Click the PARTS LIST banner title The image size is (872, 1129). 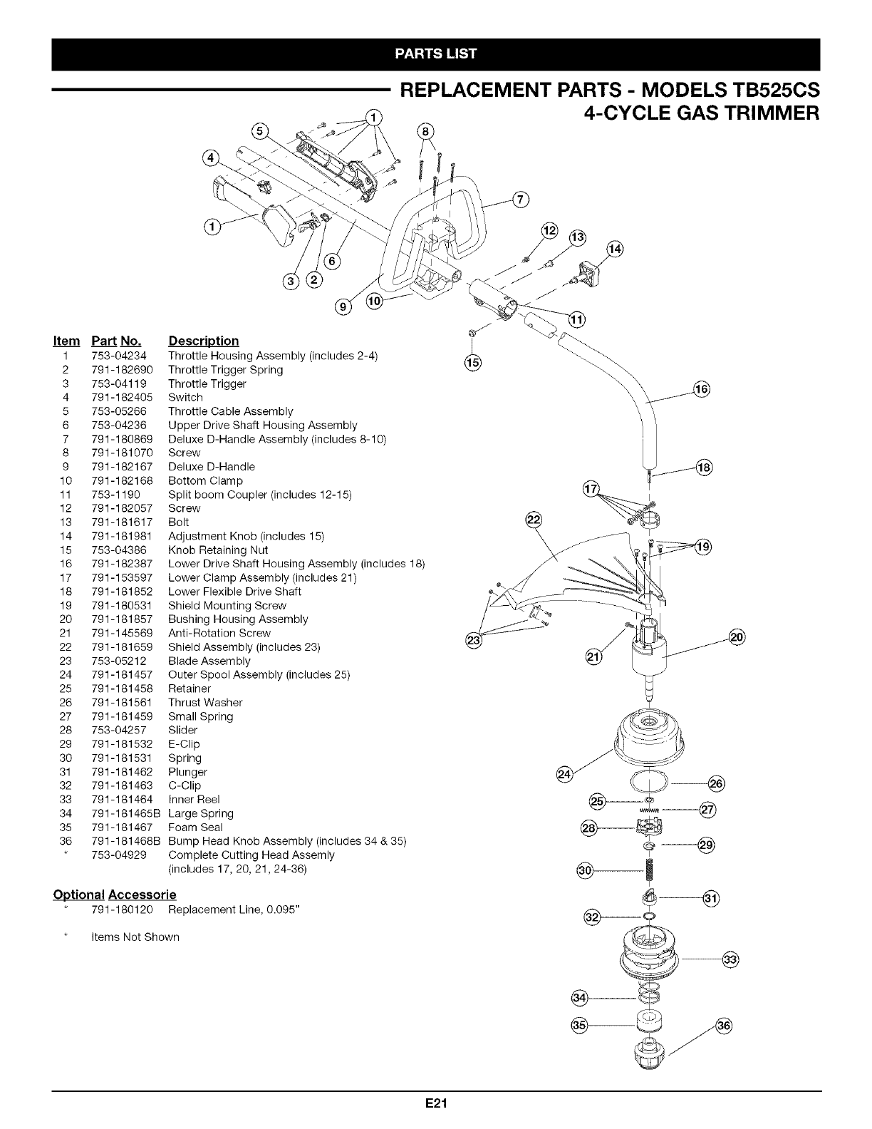point(436,53)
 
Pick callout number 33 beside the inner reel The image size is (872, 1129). point(730,959)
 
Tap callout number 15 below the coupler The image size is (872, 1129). point(472,363)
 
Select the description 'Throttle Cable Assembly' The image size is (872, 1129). point(230,411)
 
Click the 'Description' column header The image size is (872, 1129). point(203,341)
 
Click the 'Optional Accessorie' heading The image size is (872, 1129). point(115,895)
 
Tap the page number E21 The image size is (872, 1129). point(435,1104)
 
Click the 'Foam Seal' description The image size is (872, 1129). point(195,828)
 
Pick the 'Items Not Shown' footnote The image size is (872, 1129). point(135,937)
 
